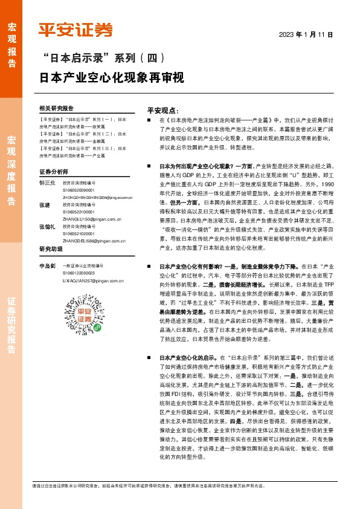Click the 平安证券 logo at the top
pos(76,30)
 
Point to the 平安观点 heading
pos(163,111)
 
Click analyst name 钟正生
pos(47,182)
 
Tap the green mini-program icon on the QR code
pos(79,326)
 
